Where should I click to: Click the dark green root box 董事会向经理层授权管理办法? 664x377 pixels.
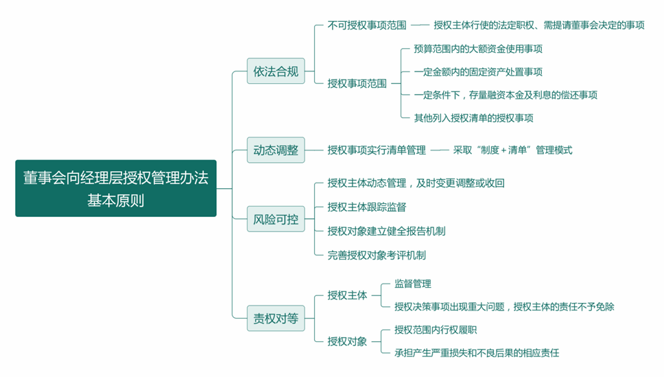pyautogui.click(x=115, y=188)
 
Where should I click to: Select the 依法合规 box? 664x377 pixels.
pyautogui.click(x=276, y=71)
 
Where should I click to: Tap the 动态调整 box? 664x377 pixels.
pyautogui.click(x=276, y=150)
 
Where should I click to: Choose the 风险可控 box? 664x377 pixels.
pyautogui.click(x=276, y=220)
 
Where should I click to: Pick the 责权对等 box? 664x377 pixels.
pyautogui.click(x=276, y=318)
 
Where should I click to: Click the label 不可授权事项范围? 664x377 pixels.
pyautogui.click(x=367, y=25)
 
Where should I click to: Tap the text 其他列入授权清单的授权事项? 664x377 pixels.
pyautogui.click(x=473, y=117)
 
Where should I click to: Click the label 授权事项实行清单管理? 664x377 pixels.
pyautogui.click(x=377, y=150)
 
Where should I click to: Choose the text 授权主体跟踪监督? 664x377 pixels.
pyautogui.click(x=367, y=207)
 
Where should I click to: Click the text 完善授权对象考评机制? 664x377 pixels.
pyautogui.click(x=377, y=255)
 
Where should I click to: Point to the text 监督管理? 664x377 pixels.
pyautogui.click(x=413, y=284)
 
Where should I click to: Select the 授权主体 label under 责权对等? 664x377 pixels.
pyautogui.click(x=347, y=295)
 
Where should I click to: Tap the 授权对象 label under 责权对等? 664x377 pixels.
pyautogui.click(x=347, y=341)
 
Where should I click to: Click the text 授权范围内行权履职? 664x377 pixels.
pyautogui.click(x=436, y=330)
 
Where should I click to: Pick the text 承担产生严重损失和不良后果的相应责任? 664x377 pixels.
pyautogui.click(x=477, y=353)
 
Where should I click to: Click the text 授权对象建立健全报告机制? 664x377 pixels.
pyautogui.click(x=386, y=231)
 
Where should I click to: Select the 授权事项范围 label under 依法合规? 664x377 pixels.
pyautogui.click(x=357, y=83)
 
